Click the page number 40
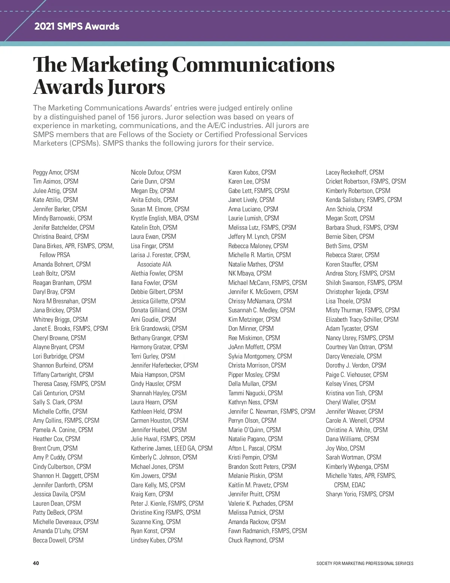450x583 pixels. click(x=36, y=563)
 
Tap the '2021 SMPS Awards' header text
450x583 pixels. click(x=77, y=26)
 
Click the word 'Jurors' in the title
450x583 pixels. click(x=136, y=87)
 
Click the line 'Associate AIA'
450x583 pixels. click(x=154, y=264)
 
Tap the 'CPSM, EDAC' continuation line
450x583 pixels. click(x=349, y=485)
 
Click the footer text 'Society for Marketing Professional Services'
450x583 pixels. click(x=365, y=563)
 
